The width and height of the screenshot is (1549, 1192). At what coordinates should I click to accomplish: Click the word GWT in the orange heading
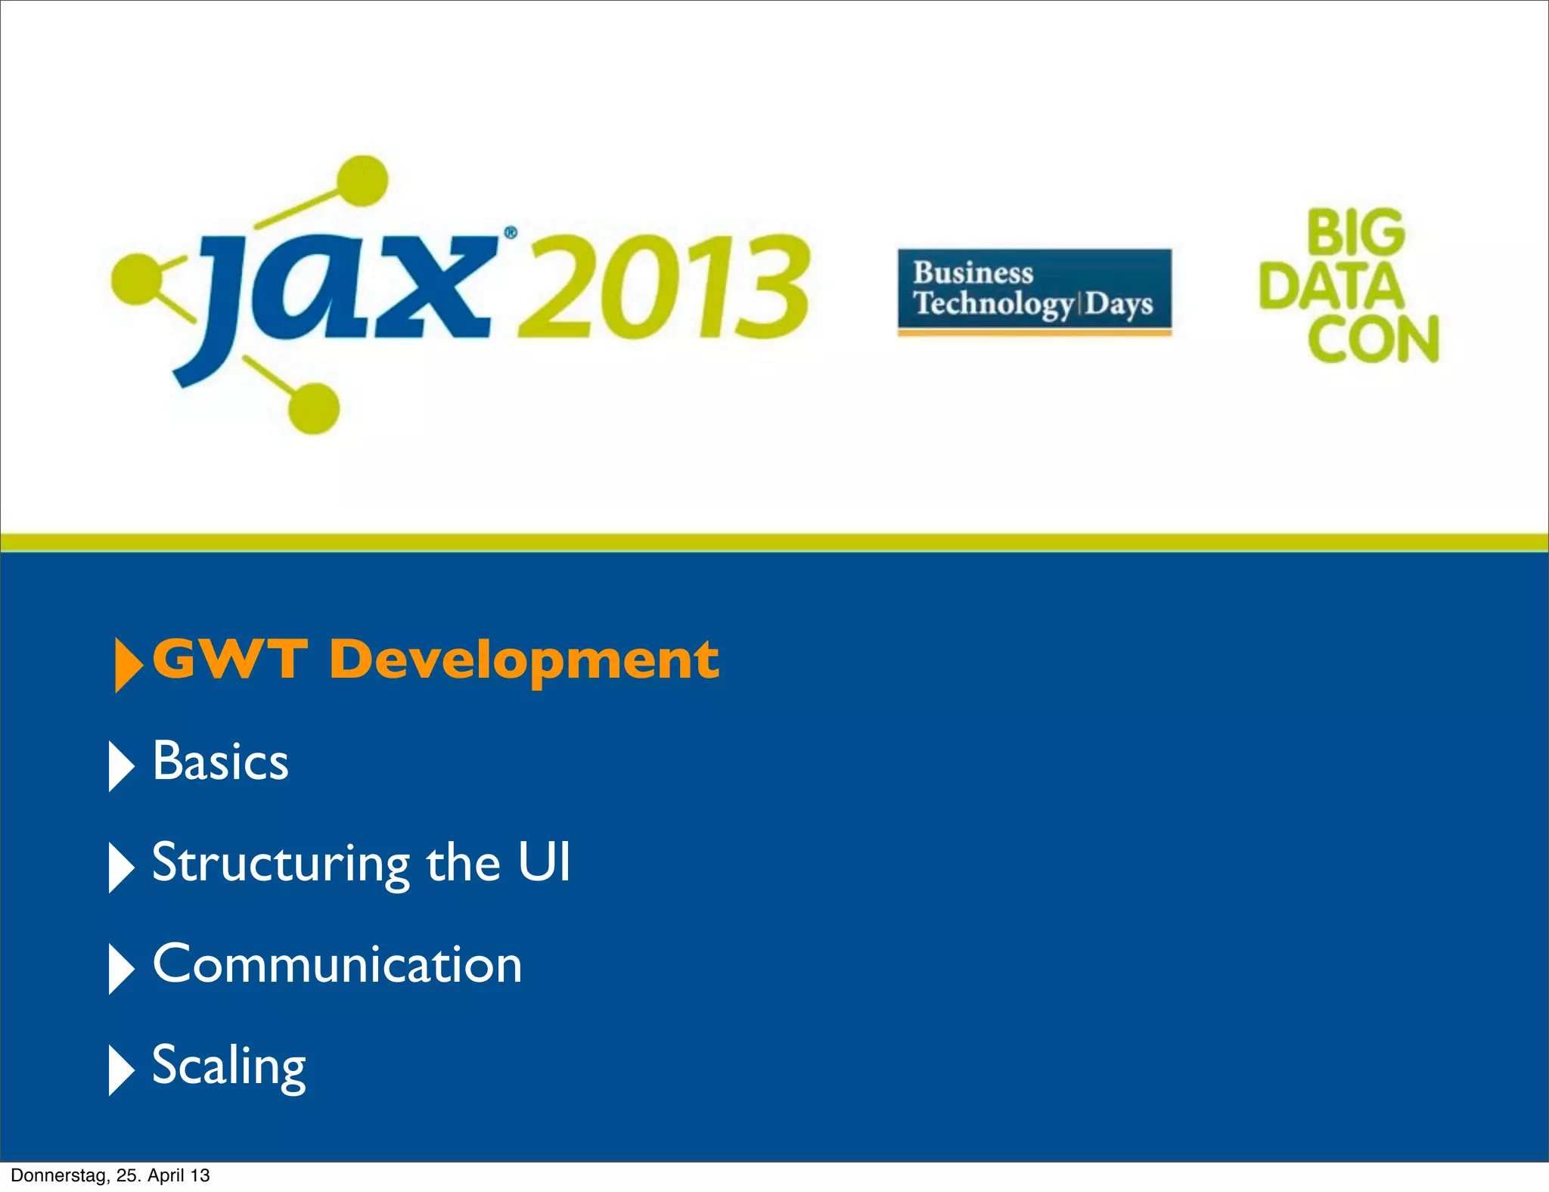tap(230, 660)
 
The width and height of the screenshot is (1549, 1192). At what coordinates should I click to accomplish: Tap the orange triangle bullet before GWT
tap(127, 665)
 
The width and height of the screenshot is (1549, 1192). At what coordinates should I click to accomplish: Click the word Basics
tap(220, 761)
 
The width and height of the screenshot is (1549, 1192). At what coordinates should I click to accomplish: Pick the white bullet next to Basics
tap(120, 765)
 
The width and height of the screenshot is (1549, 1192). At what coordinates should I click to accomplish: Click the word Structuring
tap(281, 864)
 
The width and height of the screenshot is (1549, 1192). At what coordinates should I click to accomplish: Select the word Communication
tap(337, 964)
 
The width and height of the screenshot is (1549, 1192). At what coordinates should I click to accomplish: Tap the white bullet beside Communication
tap(120, 968)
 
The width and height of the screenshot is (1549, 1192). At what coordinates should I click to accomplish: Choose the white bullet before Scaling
tap(120, 1069)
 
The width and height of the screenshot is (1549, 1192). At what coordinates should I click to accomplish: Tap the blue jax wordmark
tap(340, 291)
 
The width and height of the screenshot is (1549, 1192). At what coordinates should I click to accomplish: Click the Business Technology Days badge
tap(1034, 291)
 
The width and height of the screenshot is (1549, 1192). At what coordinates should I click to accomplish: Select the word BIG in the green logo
tap(1355, 233)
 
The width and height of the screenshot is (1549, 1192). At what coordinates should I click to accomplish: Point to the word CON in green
tap(1373, 340)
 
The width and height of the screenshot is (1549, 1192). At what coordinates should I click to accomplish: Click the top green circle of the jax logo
tap(362, 181)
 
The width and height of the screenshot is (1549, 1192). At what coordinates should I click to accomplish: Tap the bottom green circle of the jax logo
tap(313, 408)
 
